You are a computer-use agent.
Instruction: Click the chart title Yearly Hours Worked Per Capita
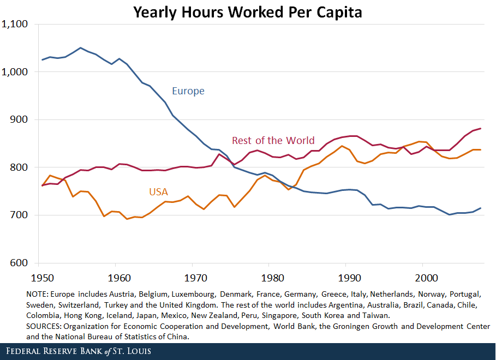point(248,11)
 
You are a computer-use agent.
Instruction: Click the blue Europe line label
point(188,91)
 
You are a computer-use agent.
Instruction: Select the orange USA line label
point(158,192)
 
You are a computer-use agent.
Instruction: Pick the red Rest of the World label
point(274,141)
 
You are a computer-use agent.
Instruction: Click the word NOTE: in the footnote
point(37,294)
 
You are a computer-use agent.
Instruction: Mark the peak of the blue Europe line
point(81,48)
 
